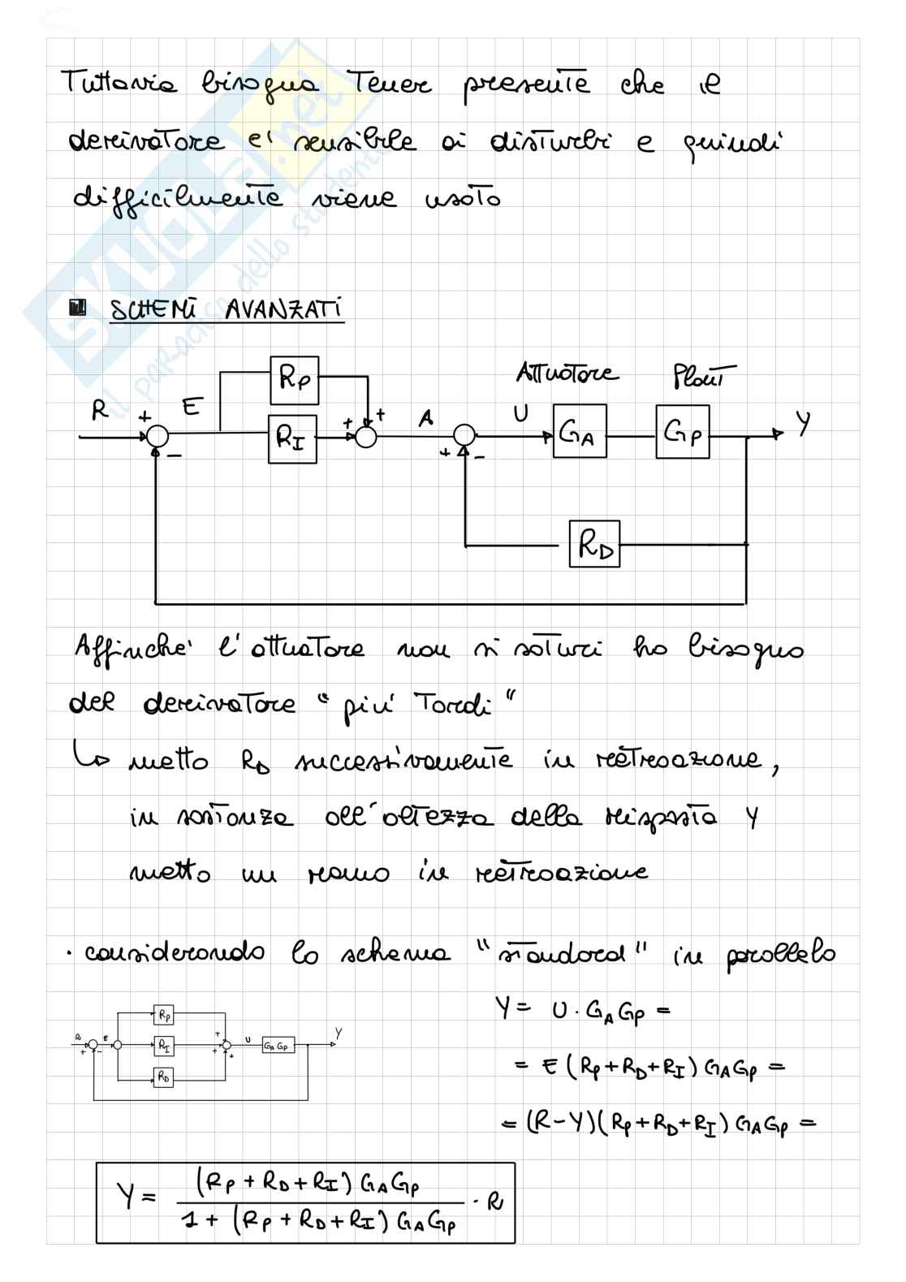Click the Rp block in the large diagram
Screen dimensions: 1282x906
pos(294,380)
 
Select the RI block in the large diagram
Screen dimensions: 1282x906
pos(292,438)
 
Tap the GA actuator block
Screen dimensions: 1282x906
pos(580,431)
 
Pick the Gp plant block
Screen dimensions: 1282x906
pos(682,431)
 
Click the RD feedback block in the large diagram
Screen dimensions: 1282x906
pos(594,544)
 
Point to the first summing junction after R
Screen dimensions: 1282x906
pos(157,437)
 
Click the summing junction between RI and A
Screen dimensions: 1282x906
pos(365,437)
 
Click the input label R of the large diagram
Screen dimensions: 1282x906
pos(100,411)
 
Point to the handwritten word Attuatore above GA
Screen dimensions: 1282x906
pos(567,373)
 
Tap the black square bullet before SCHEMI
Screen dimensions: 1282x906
pos(79,309)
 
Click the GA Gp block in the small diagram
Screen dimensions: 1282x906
pos(278,1046)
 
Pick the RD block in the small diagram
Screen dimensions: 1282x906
pos(163,1077)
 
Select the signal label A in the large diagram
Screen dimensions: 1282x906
pos(425,417)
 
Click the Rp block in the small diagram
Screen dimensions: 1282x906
pos(163,1015)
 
